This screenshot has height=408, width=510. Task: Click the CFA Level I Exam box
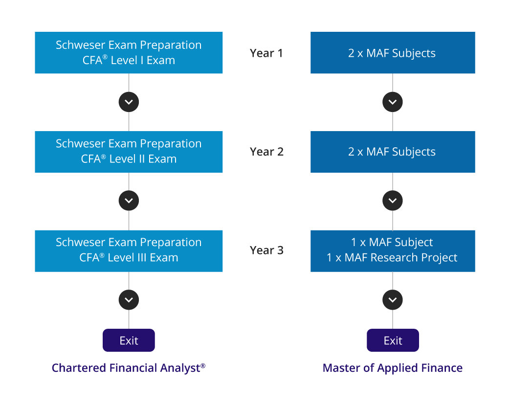[x=129, y=53]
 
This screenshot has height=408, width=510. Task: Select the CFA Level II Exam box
[x=129, y=152]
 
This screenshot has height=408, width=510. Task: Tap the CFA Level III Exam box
[x=129, y=250]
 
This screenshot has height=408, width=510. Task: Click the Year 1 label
[x=266, y=53]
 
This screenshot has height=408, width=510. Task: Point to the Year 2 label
[x=266, y=152]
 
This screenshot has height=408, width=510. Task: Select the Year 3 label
[x=266, y=250]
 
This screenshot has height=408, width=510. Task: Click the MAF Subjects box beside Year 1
[x=392, y=53]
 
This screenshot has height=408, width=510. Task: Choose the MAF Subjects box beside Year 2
[x=392, y=152]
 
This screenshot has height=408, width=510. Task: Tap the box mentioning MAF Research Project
[x=392, y=250]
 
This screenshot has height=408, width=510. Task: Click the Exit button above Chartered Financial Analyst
[x=129, y=340]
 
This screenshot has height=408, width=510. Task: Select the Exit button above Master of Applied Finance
[x=393, y=340]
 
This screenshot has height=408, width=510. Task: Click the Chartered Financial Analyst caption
[x=129, y=368]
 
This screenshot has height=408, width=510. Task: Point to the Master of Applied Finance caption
[x=393, y=368]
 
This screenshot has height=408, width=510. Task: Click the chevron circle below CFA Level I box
[x=129, y=102]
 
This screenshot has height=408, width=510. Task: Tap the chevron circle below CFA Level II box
[x=129, y=201]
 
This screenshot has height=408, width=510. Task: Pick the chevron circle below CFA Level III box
[x=129, y=300]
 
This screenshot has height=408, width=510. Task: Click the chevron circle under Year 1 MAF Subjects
[x=393, y=102]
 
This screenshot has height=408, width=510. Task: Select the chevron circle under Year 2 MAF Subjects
[x=393, y=201]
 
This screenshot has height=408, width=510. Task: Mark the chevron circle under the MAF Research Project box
[x=393, y=300]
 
